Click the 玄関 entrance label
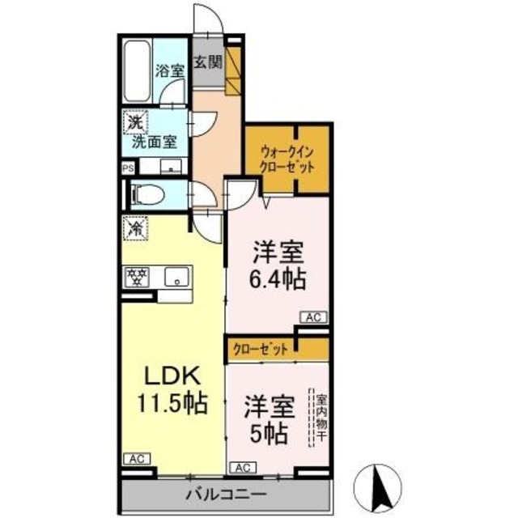pos(209,61)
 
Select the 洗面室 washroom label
pos(155,141)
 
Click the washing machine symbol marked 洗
pos(134,125)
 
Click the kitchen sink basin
pos(176,278)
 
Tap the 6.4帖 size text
pos(277,279)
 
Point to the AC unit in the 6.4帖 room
pos(313,319)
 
